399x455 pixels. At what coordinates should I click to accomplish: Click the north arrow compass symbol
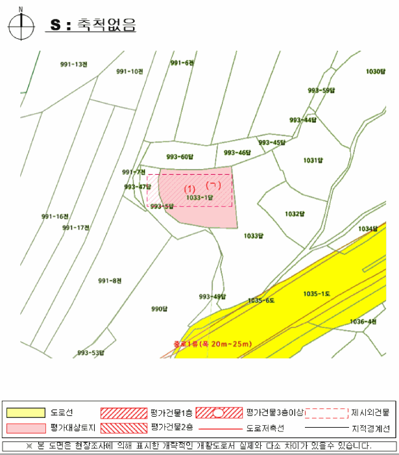point(21,25)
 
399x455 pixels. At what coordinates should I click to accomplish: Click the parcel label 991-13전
point(73,64)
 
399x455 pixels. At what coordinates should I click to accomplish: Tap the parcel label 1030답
point(376,71)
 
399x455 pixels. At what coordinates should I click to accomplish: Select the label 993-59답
point(321,90)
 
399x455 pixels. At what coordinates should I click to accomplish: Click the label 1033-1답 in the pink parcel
point(200,196)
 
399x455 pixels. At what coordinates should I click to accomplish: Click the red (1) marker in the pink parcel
point(190,188)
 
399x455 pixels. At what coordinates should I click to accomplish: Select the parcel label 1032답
point(295,213)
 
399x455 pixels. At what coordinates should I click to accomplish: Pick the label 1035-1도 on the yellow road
point(317,294)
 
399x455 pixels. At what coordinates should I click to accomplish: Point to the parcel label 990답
point(160,309)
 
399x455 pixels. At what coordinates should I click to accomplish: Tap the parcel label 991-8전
point(110,281)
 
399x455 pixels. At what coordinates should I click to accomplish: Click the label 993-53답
point(91,353)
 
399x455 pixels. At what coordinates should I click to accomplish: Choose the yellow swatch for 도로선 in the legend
point(26,413)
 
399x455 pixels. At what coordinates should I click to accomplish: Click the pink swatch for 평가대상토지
point(26,428)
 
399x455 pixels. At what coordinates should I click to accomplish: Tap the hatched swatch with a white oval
point(219,413)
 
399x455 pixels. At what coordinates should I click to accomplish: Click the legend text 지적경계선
point(370,428)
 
